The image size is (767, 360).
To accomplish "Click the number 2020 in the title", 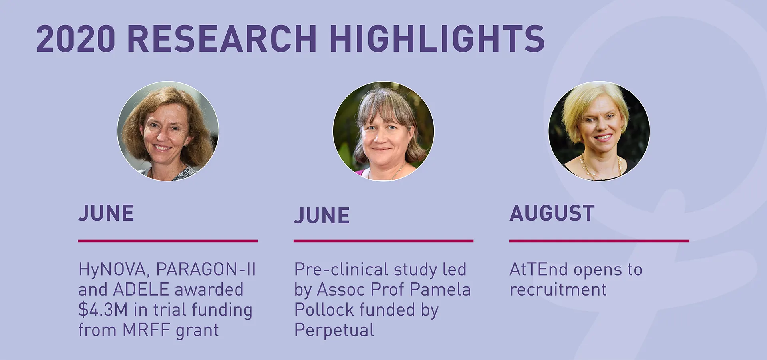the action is (x=76, y=39).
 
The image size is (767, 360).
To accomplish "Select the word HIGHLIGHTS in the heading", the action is (x=437, y=39).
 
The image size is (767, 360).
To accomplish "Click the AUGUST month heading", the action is (x=552, y=213).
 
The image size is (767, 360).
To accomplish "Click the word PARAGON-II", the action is (x=206, y=269).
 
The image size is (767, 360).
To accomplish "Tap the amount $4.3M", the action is (x=103, y=310).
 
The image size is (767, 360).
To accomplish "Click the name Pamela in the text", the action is (x=440, y=290).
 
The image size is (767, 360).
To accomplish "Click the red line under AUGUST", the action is (x=599, y=241).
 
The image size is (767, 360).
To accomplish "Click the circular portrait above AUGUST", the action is (x=599, y=131).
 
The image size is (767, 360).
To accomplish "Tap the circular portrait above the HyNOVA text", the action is (x=168, y=131).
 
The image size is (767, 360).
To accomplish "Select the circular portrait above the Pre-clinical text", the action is (x=383, y=131).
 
